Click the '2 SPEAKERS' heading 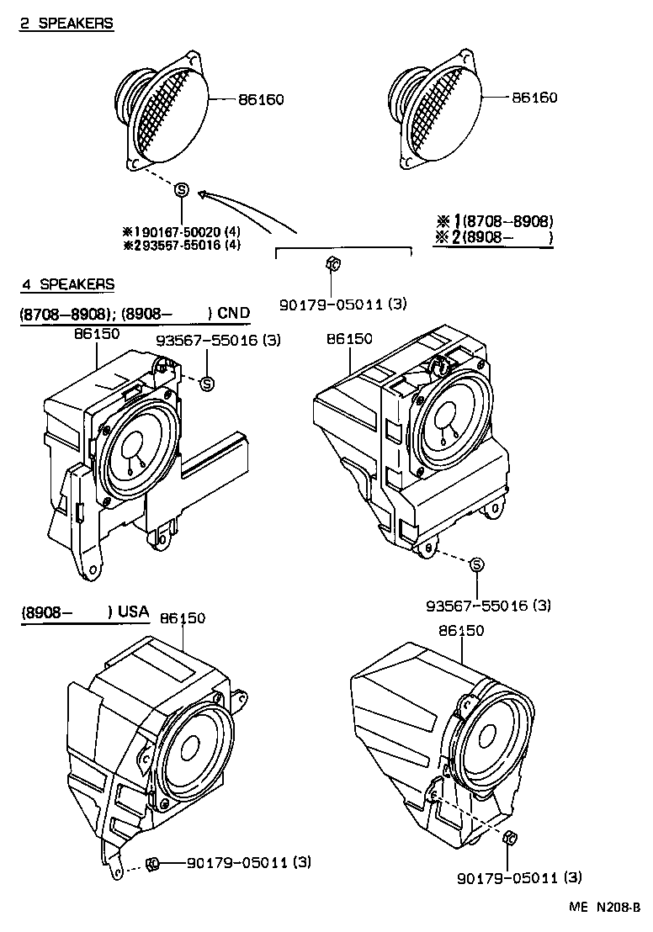[66, 24]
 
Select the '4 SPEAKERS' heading [66, 284]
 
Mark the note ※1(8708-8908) [494, 221]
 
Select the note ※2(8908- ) [494, 237]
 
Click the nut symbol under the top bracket [332, 266]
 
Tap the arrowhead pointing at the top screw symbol [202, 195]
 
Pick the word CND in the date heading [233, 314]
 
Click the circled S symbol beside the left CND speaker [207, 384]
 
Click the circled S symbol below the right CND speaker [476, 564]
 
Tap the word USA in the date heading [133, 612]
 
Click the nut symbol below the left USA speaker [153, 861]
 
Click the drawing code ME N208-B [603, 908]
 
